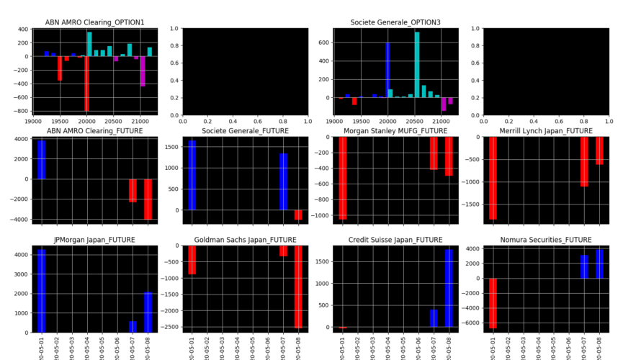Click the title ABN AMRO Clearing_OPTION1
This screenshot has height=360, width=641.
pos(94,22)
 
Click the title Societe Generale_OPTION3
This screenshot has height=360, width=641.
pos(395,22)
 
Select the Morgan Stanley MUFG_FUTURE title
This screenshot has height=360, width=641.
pos(395,131)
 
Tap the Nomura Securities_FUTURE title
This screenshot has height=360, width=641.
pos(546,240)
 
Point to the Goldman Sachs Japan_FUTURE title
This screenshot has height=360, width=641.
pos(245,240)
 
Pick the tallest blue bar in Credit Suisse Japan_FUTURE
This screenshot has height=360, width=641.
pos(449,288)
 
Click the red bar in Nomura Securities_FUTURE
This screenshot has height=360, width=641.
pos(493,303)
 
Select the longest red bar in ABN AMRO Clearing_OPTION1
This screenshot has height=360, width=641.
pos(86,82)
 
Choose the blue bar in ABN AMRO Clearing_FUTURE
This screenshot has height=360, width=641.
pos(41,159)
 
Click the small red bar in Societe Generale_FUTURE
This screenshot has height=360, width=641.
pos(298,215)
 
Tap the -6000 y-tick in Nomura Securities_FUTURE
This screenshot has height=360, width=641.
pos(472,323)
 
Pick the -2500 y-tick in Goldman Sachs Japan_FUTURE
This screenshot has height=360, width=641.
pos(171,327)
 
